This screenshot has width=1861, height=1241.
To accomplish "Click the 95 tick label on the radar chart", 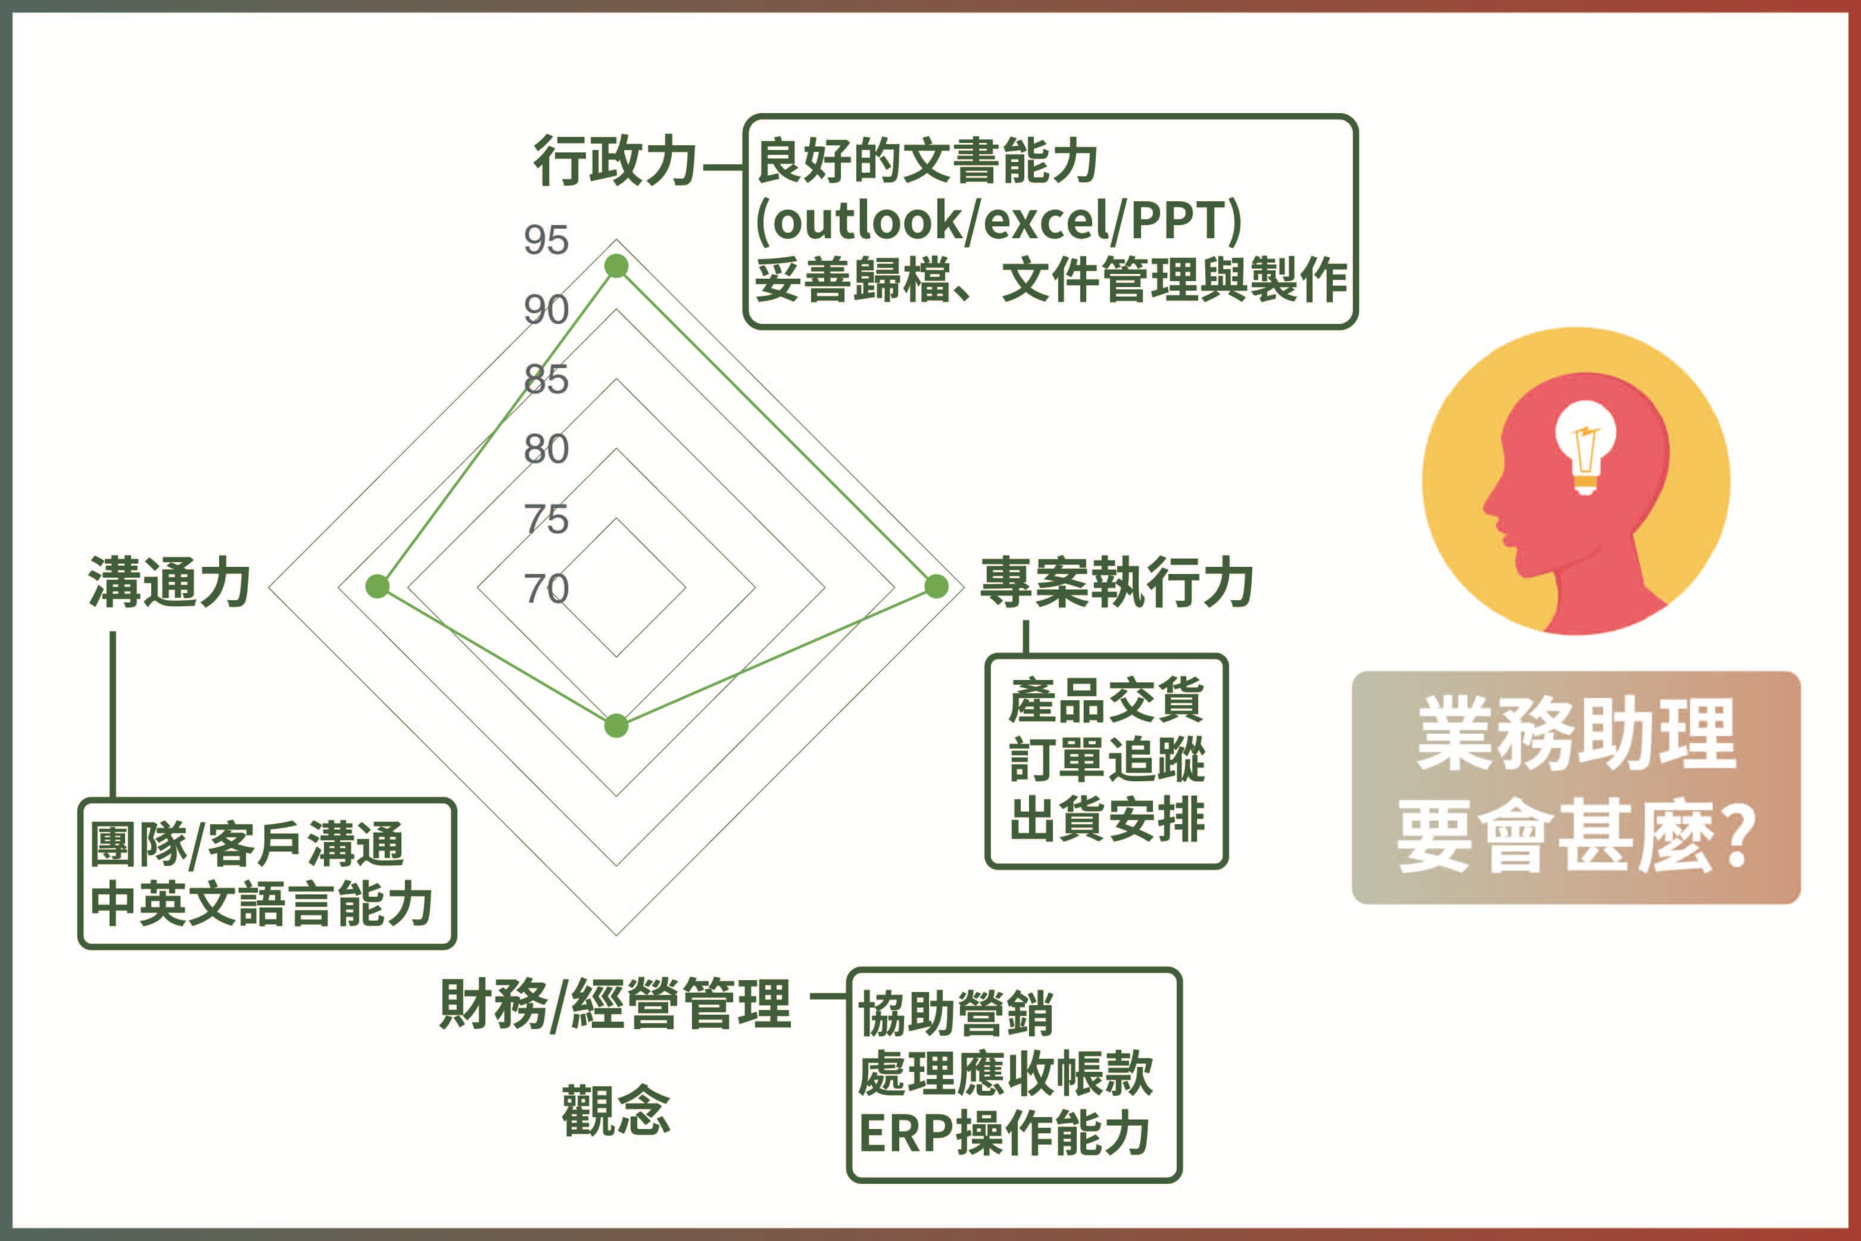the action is tap(545, 240).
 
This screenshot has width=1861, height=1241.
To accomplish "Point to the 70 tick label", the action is tap(545, 589).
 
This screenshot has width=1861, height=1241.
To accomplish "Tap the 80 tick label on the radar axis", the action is tap(545, 450).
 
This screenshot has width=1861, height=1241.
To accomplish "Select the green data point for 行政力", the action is tap(616, 266).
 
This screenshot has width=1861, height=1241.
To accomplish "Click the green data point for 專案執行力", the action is tap(936, 587).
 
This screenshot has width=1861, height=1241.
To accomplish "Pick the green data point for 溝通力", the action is tap(378, 587).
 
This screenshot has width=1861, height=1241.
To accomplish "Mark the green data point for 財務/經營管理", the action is tap(616, 726).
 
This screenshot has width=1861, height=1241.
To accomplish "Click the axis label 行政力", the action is tap(614, 161).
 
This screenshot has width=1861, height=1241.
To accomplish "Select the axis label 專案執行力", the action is tap(1116, 584).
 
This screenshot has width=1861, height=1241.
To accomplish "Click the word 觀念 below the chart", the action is tap(616, 1111).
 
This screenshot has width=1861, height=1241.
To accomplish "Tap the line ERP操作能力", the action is tap(1003, 1133).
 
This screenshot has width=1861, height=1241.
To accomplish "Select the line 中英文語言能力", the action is tap(261, 904).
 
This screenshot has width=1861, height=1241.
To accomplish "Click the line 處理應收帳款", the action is tap(1005, 1074).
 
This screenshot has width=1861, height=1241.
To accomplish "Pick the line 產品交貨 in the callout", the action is tap(1106, 700).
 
